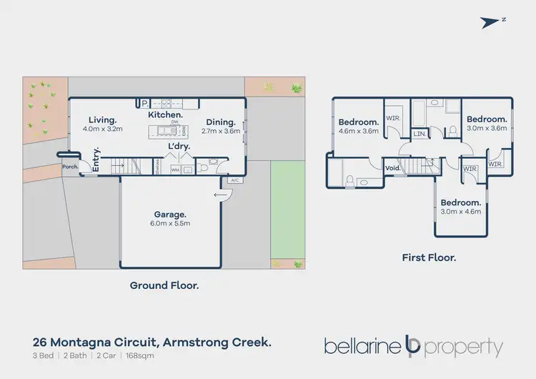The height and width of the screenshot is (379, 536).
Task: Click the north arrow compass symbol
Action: coord(492,22)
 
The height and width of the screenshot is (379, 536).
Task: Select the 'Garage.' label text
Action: coord(170,214)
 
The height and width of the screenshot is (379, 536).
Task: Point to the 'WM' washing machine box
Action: coord(175,170)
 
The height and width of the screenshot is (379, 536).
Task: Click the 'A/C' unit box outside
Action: coord(234,180)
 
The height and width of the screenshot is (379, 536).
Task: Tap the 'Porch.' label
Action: coord(70,167)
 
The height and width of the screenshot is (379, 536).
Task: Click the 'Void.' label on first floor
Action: coord(392,169)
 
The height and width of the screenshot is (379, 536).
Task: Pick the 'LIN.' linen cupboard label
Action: coord(420,134)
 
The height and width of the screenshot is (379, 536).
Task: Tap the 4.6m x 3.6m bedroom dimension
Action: coord(357,131)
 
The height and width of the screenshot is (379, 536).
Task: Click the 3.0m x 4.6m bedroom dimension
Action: coord(461,211)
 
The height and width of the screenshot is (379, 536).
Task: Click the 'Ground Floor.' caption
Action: coord(164,285)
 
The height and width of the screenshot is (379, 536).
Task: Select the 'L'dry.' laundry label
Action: coord(179,147)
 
